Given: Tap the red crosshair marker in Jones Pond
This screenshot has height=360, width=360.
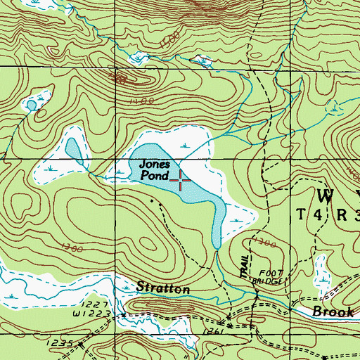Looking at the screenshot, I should click(181, 181).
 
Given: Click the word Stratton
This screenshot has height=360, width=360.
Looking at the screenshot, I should click(163, 288).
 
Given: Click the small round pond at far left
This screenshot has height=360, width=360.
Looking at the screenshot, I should click(31, 105).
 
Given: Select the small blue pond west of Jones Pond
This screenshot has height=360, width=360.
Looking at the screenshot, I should click(72, 148).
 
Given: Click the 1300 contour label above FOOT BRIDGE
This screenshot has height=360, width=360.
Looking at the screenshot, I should click(265, 243).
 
